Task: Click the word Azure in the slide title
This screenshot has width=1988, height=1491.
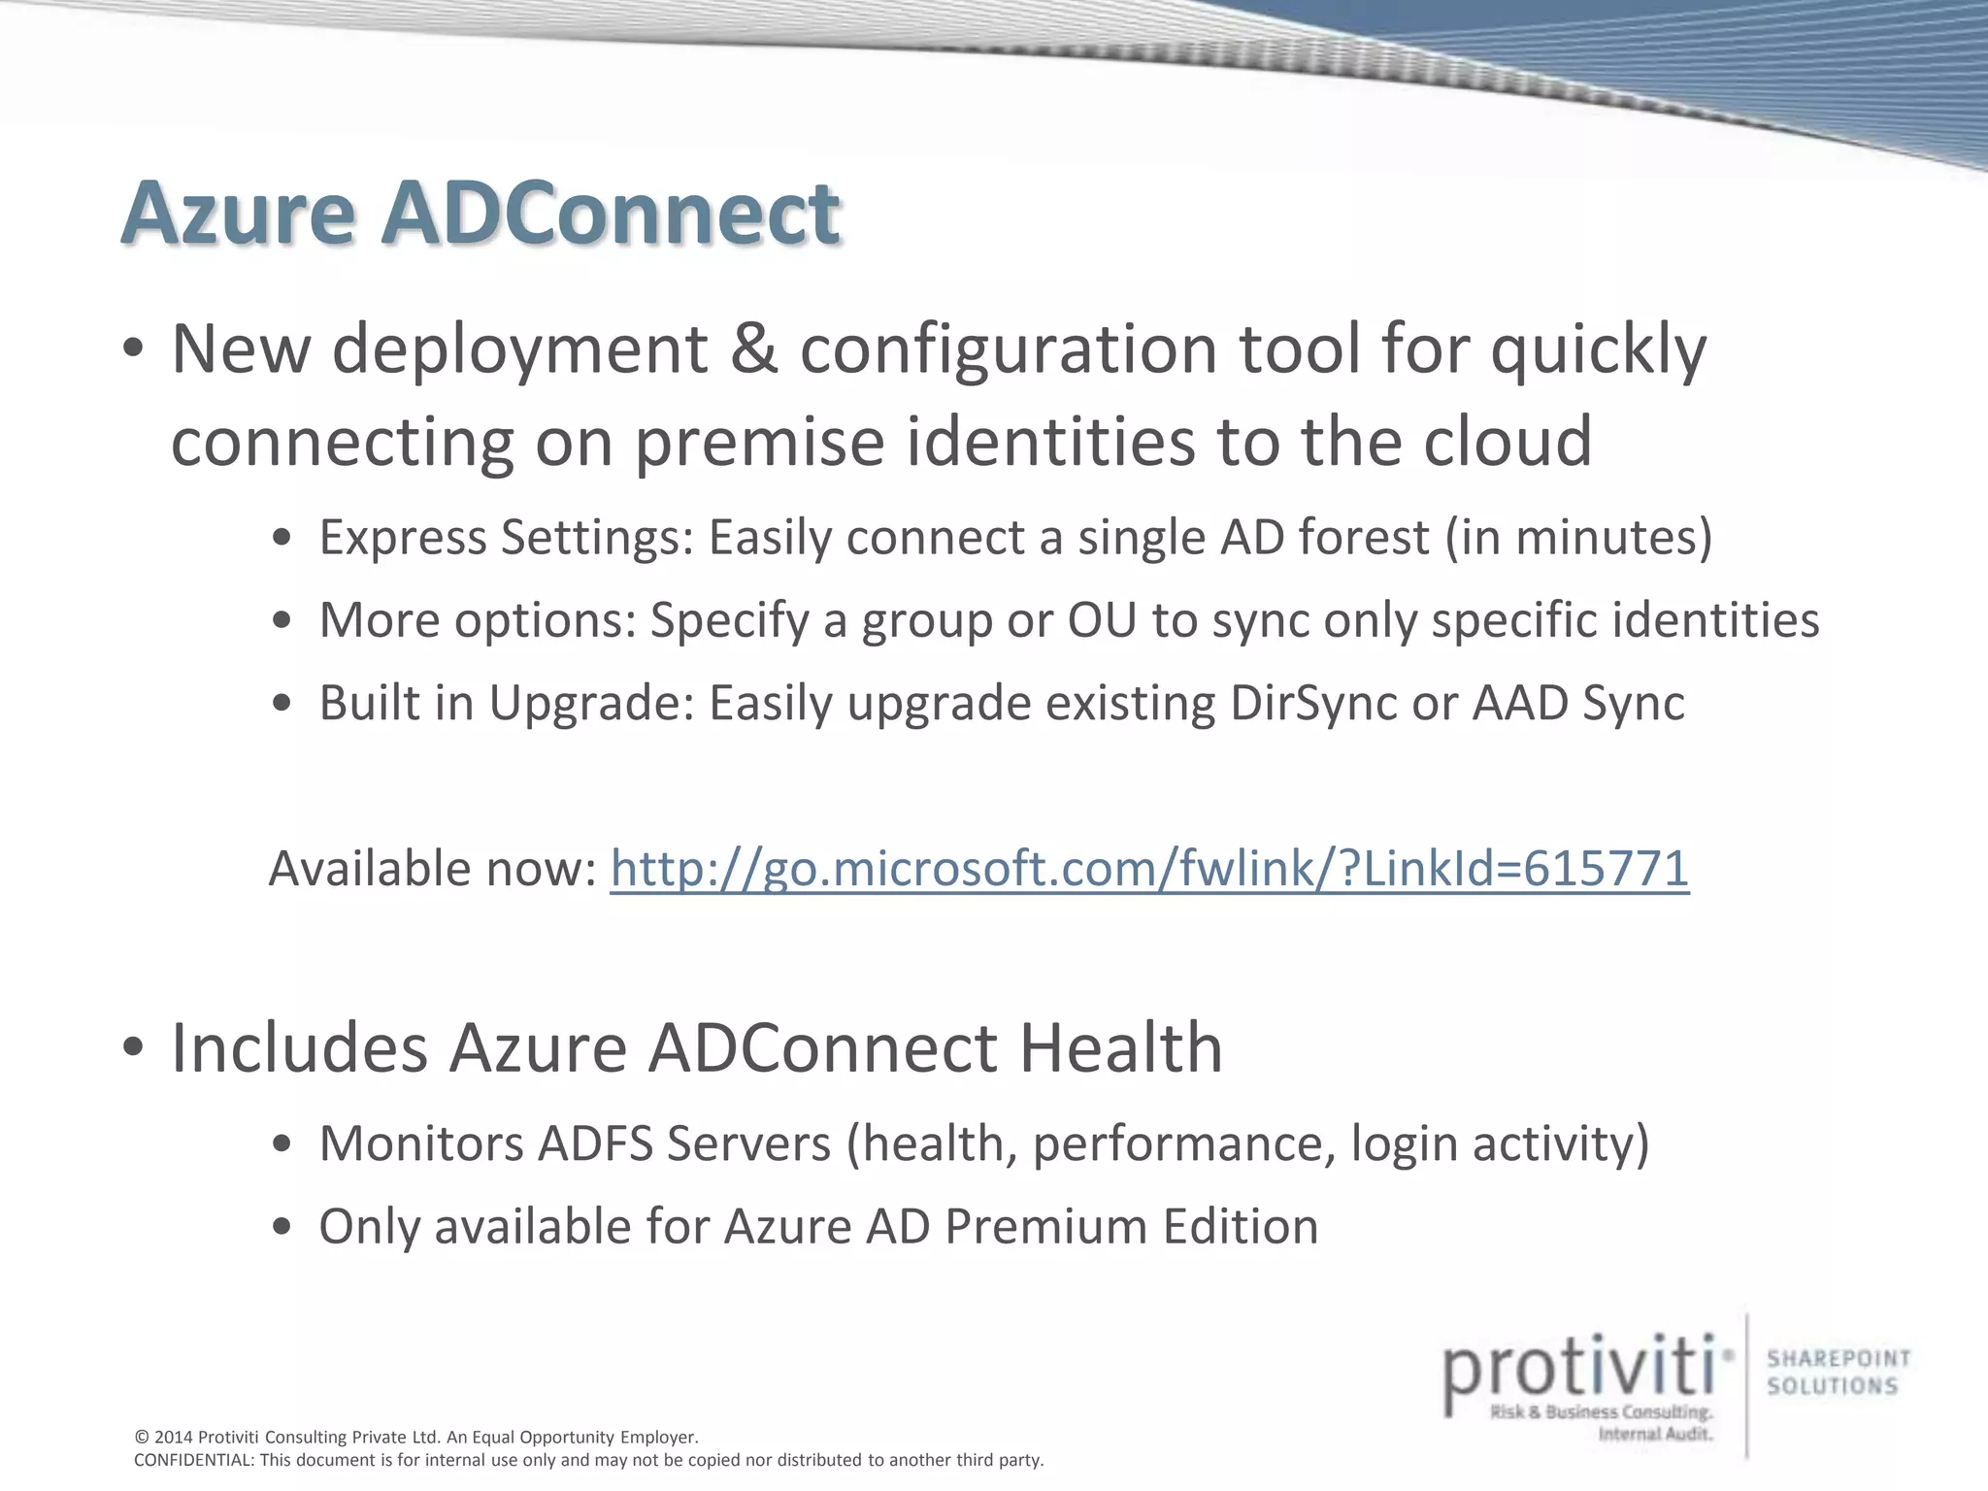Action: (x=238, y=214)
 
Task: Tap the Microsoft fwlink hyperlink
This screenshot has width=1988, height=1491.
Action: (x=1149, y=868)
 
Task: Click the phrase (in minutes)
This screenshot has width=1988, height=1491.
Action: (x=1578, y=537)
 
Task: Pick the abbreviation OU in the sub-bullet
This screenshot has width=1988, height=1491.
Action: (x=1102, y=620)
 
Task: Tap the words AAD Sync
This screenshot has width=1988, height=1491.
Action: (x=1578, y=703)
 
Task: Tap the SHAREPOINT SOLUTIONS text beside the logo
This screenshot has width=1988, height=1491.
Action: (x=1838, y=1373)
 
